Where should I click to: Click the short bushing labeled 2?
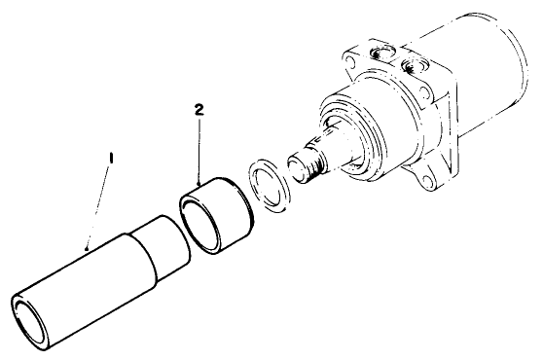tap(219, 211)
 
